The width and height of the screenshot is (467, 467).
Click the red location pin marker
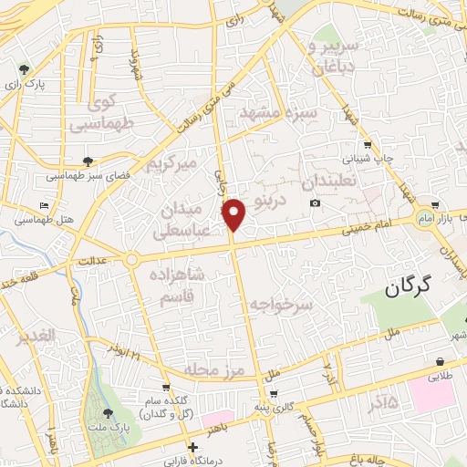click(234, 214)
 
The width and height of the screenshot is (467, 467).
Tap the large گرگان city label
click(419, 290)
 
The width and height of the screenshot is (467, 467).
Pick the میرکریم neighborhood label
click(173, 165)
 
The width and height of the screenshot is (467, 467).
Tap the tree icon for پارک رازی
click(24, 68)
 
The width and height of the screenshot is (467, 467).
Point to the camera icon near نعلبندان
click(315, 202)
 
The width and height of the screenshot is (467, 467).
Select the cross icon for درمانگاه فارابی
click(192, 447)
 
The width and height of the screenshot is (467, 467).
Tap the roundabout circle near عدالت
click(132, 260)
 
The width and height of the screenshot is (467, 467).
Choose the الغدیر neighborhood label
click(36, 337)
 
